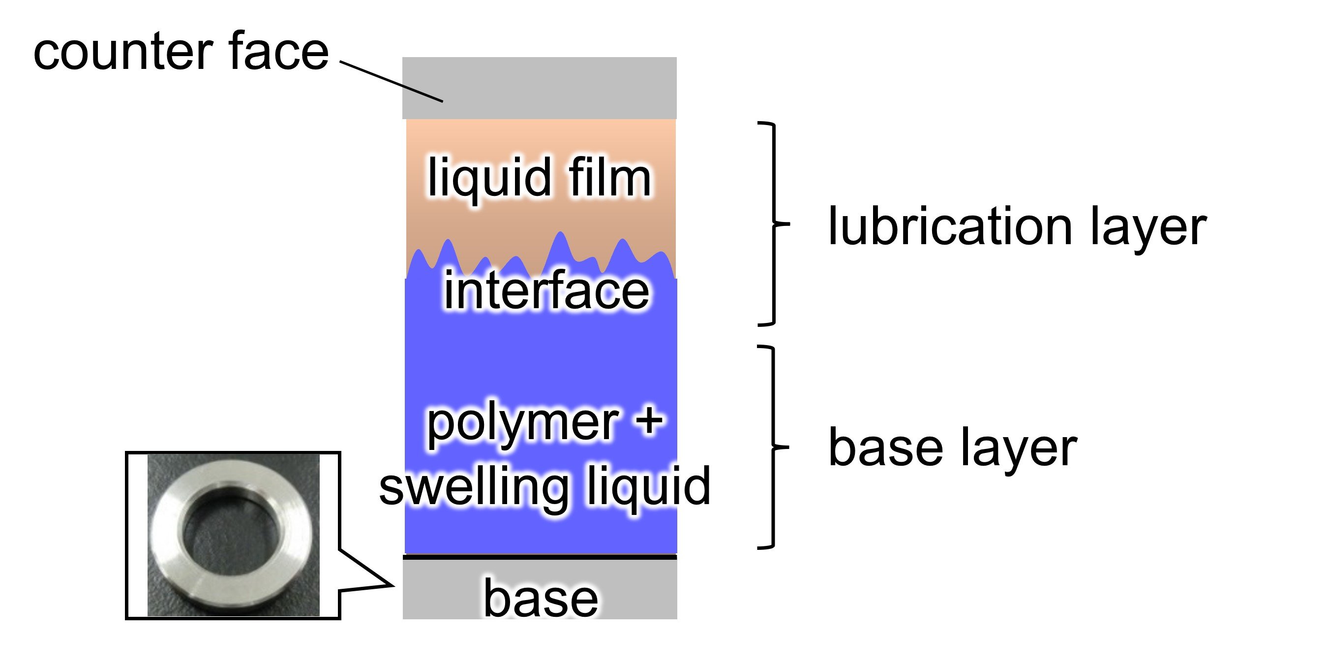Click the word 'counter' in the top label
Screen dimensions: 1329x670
(x=123, y=52)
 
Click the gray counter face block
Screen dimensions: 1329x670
(x=539, y=88)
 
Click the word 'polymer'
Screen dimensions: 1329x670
(x=523, y=423)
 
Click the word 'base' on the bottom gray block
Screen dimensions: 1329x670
(x=540, y=598)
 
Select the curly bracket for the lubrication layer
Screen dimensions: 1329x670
(x=774, y=224)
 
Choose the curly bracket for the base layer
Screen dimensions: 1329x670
(x=774, y=447)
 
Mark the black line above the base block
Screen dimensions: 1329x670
(x=540, y=557)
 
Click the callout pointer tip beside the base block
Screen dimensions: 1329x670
(x=394, y=585)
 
